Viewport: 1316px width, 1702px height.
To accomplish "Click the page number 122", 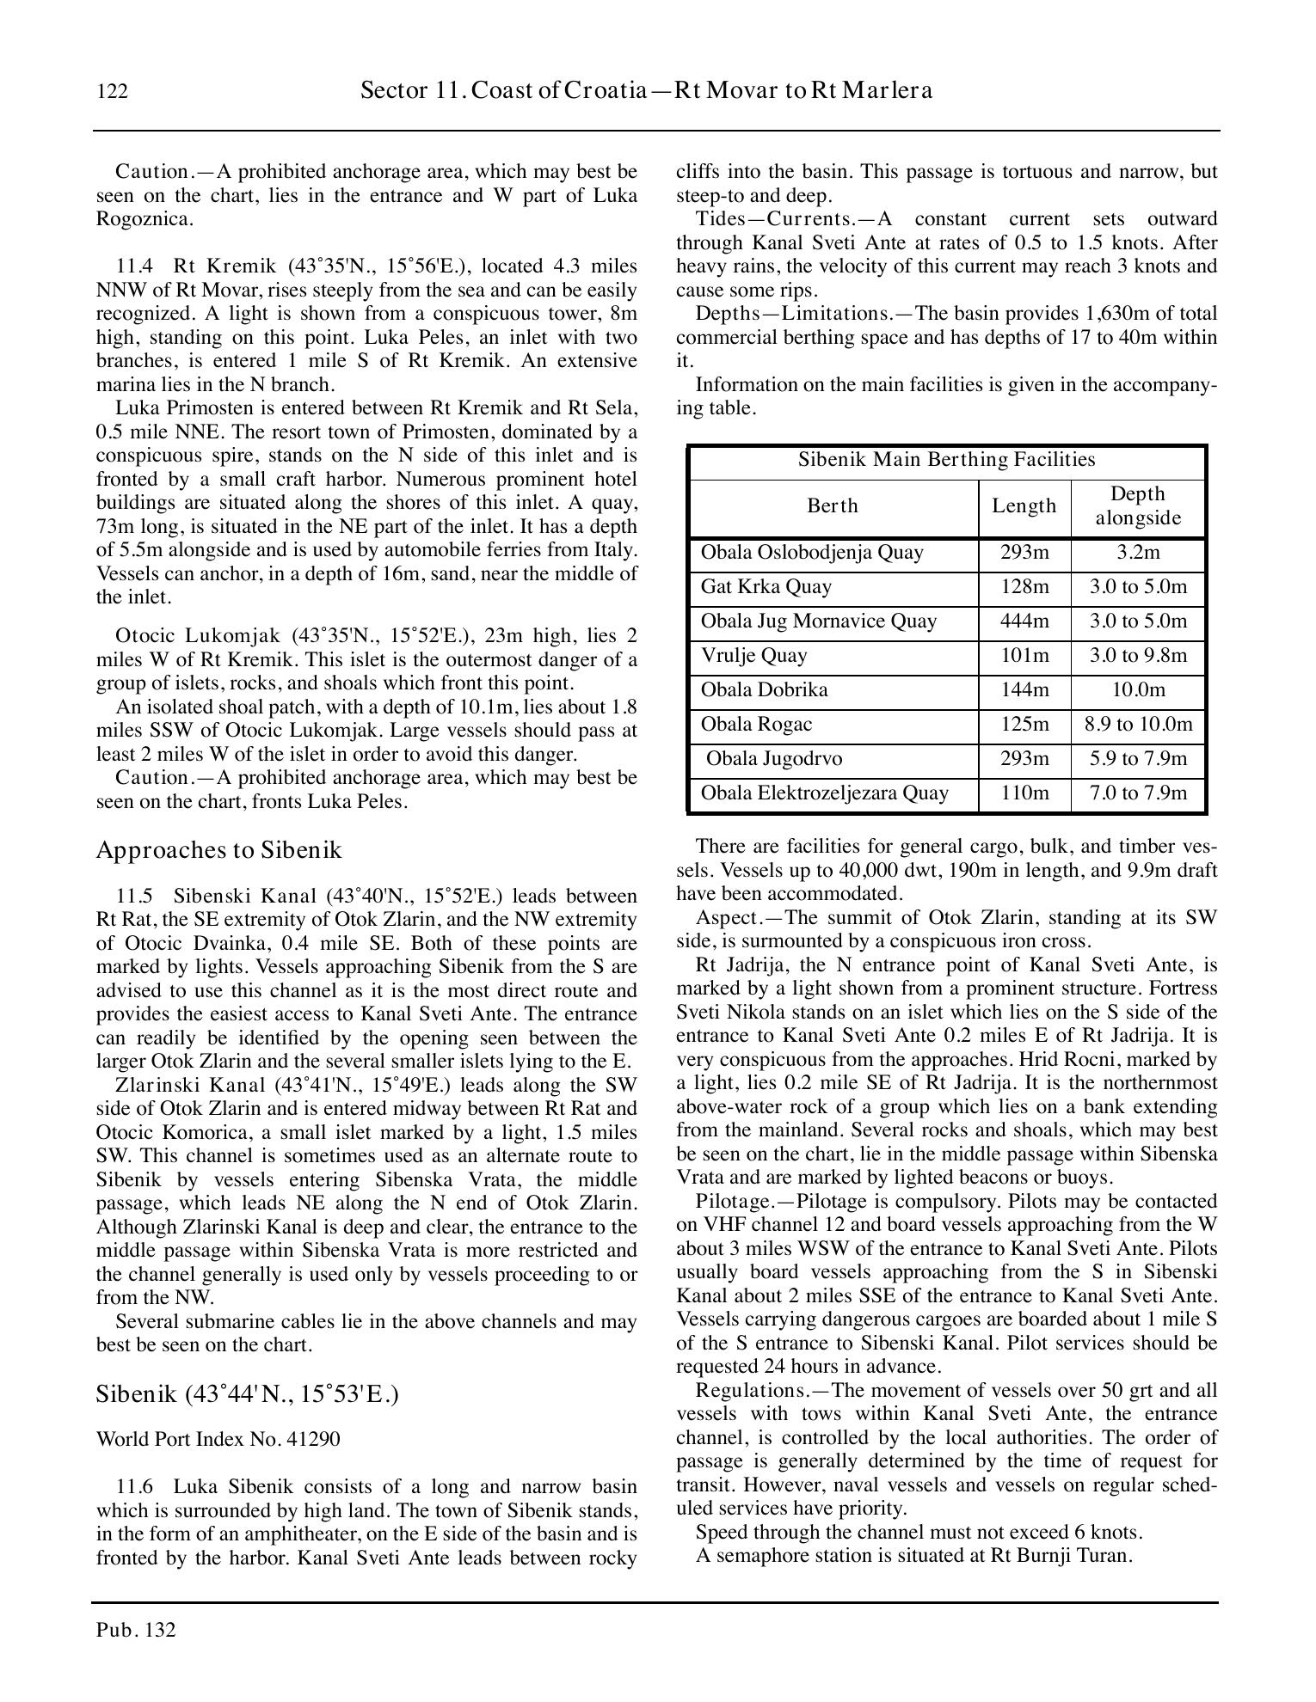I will [x=113, y=91].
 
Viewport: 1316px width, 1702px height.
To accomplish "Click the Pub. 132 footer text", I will [x=136, y=1630].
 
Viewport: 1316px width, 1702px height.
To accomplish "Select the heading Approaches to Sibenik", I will [x=218, y=850].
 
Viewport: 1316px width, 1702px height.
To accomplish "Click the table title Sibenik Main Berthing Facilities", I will [x=946, y=460].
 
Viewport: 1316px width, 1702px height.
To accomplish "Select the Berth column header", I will [x=833, y=506].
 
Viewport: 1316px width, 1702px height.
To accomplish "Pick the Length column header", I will [x=1024, y=506].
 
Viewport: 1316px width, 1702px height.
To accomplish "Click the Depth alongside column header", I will [x=1137, y=506].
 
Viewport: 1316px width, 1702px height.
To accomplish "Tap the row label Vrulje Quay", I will [x=753, y=656].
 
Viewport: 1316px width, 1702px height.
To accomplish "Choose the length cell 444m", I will [x=1024, y=621].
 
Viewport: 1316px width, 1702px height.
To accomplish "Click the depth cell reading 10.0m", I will [x=1137, y=690].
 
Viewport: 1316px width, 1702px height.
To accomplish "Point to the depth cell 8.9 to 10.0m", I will [x=1138, y=725].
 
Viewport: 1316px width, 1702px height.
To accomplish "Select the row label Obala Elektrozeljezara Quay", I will [x=824, y=793].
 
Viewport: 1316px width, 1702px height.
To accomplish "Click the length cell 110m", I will [x=1024, y=793].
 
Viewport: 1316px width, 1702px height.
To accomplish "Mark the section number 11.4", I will [x=133, y=266].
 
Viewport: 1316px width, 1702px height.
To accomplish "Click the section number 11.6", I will [x=134, y=1487].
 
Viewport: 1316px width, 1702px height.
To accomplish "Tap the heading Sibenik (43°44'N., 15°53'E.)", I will [x=247, y=1393].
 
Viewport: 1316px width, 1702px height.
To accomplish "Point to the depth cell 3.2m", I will [x=1137, y=553].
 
